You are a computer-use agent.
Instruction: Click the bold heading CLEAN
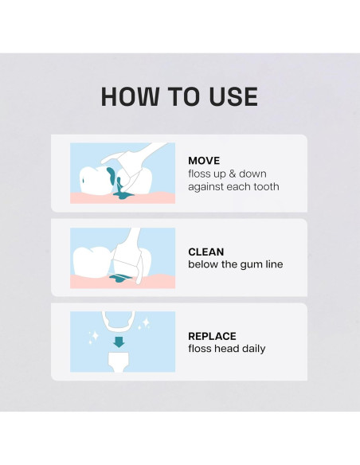pos(205,252)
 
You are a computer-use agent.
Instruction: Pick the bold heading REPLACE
pos(212,336)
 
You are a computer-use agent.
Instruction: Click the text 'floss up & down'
pos(228,173)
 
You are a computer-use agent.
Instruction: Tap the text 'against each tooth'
pos(233,187)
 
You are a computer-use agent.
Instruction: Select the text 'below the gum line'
pos(235,264)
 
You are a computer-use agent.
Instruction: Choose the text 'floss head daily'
pos(226,349)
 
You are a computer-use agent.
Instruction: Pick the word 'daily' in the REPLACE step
pos(251,349)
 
